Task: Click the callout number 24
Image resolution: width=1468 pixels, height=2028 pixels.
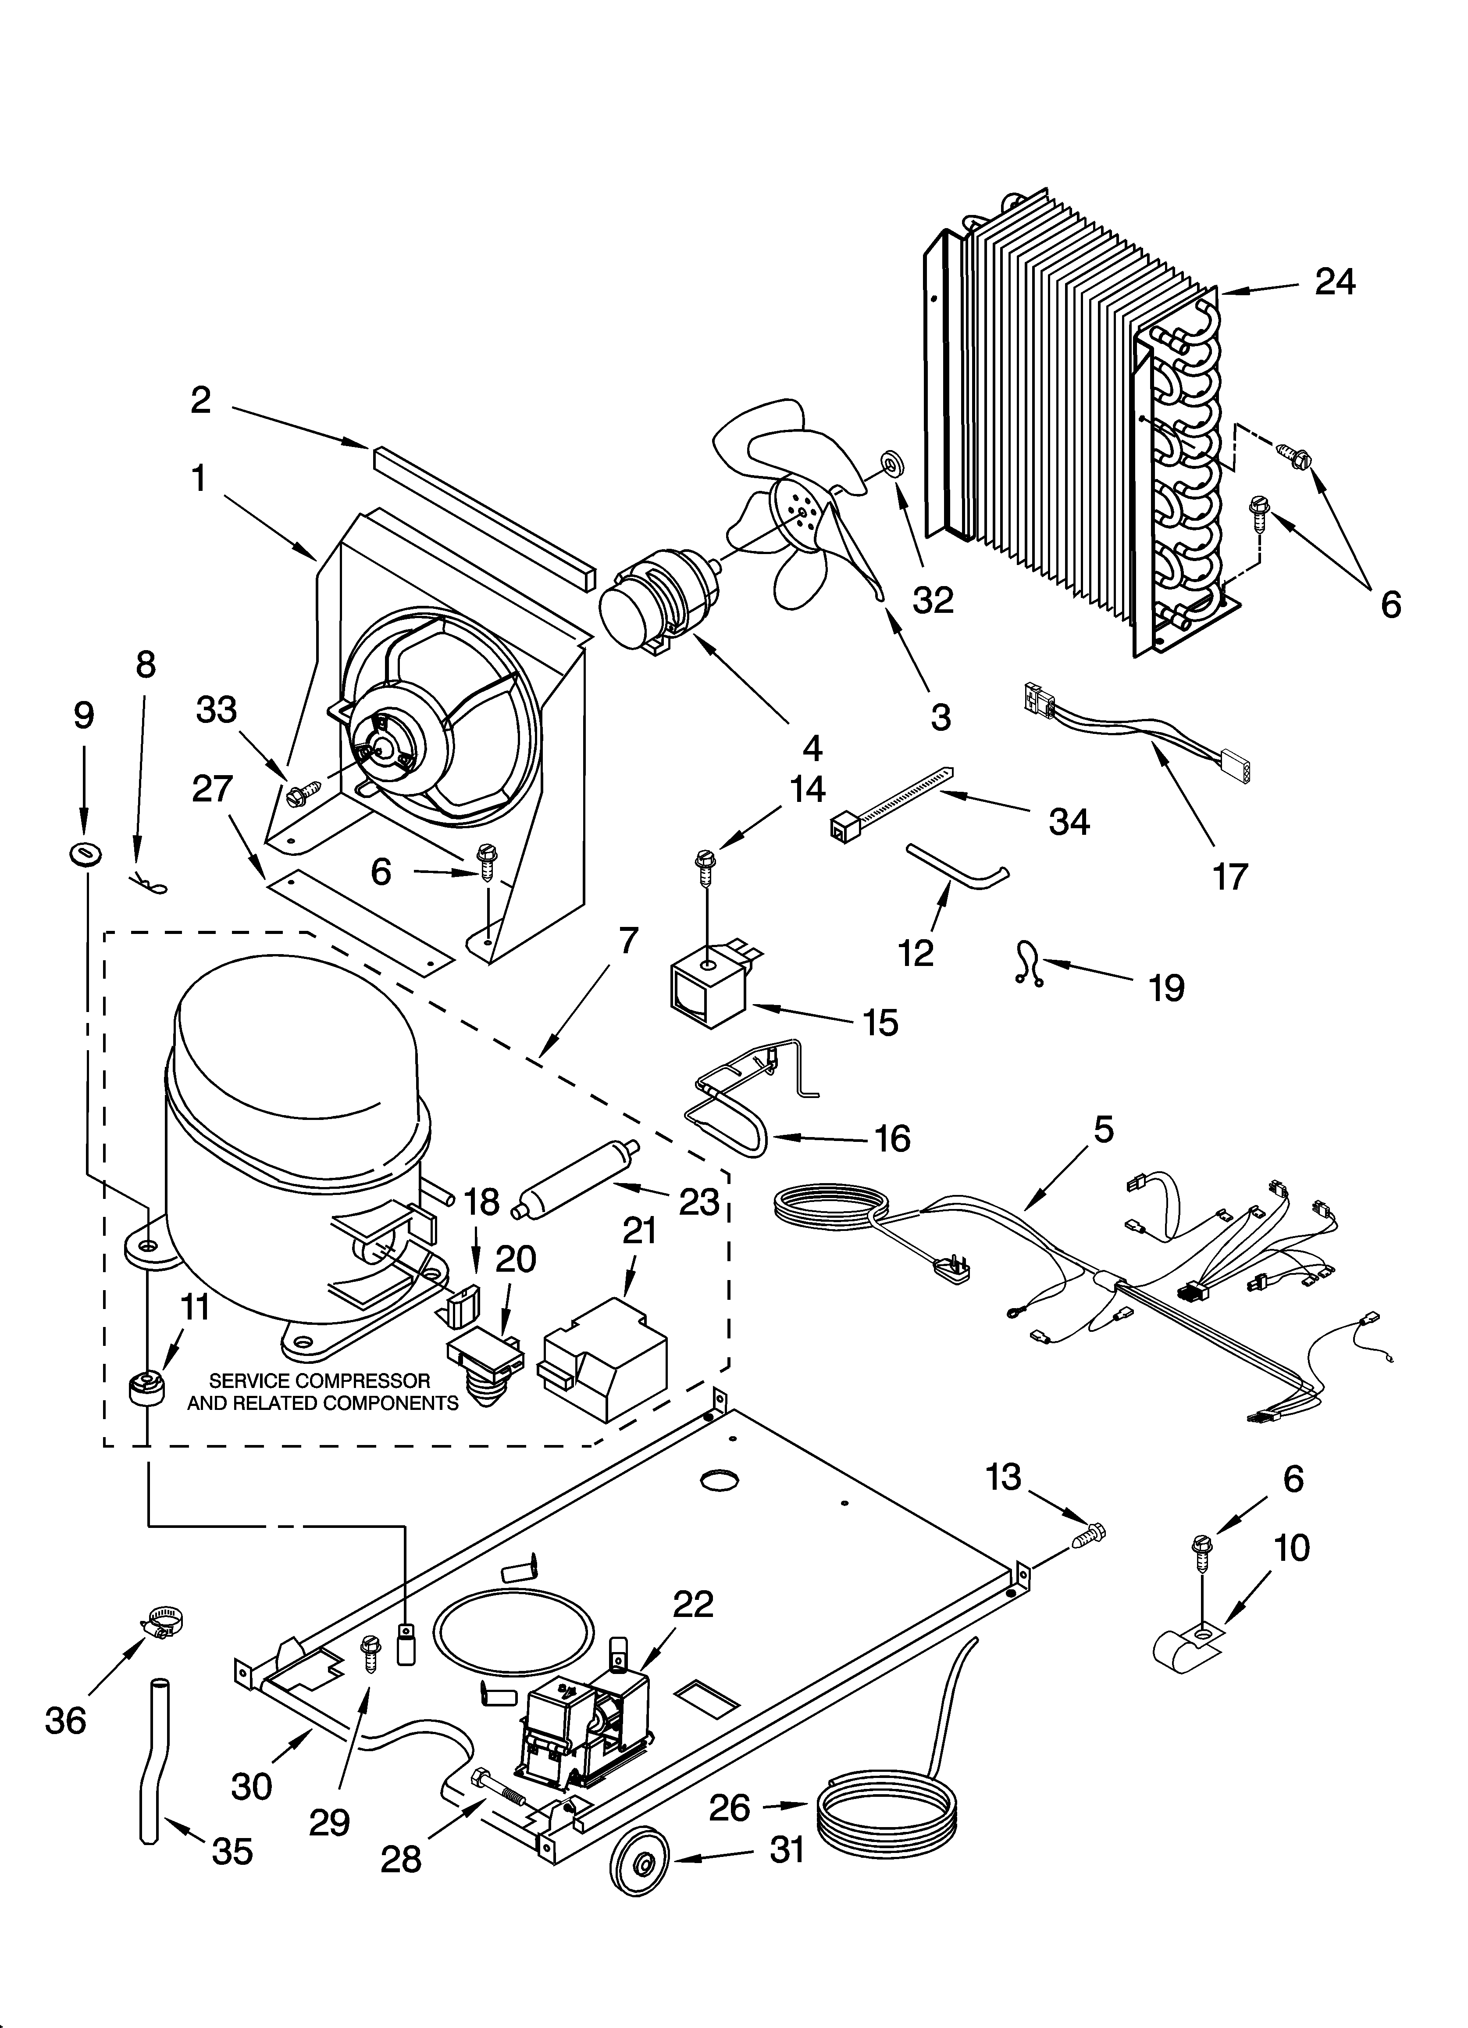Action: [1335, 283]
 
